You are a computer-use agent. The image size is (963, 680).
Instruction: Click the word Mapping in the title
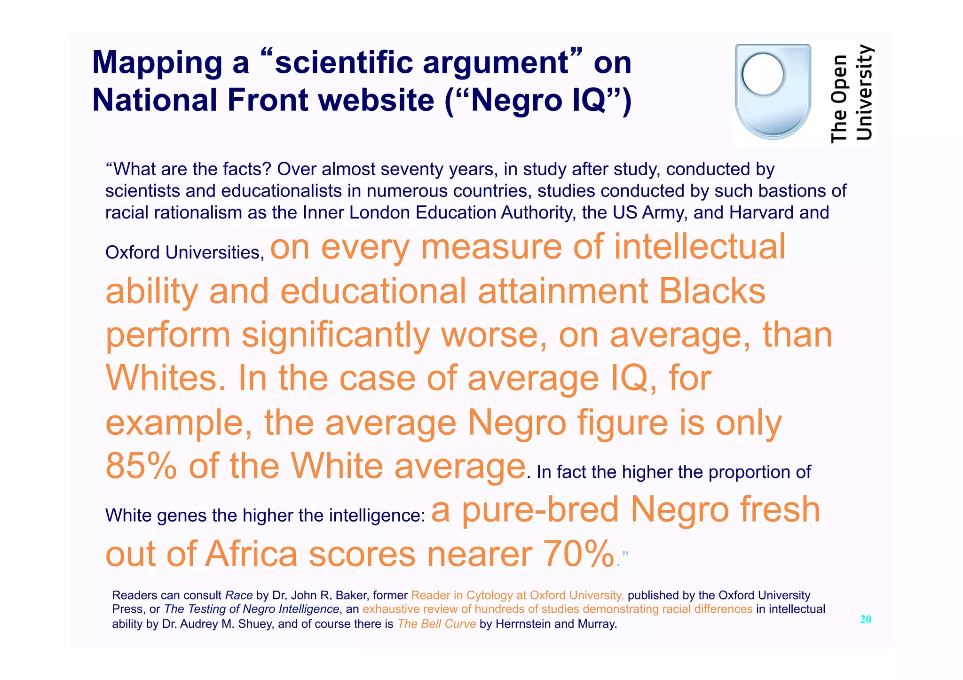pyautogui.click(x=157, y=63)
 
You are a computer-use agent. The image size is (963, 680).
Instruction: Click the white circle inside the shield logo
pyautogui.click(x=762, y=74)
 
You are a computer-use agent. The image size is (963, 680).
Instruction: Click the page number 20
pyautogui.click(x=865, y=619)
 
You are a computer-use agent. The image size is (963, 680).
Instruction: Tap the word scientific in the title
pyautogui.click(x=345, y=63)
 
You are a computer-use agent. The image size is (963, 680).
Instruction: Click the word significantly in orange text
pyautogui.click(x=335, y=336)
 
